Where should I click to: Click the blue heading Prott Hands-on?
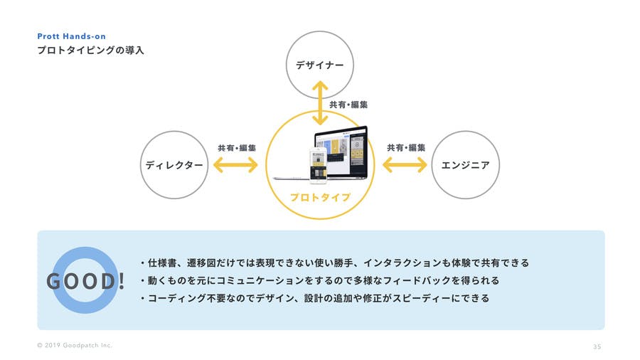(x=71, y=36)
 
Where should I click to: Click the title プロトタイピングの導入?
(x=90, y=51)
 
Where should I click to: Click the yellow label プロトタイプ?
(x=321, y=198)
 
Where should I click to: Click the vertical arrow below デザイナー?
(x=320, y=103)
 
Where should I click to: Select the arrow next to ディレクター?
(x=235, y=165)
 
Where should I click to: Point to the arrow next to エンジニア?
(x=405, y=165)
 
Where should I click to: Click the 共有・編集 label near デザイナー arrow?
(x=348, y=105)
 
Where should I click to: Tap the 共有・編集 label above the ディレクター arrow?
(x=237, y=148)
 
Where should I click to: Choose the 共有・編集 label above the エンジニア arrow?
(x=406, y=148)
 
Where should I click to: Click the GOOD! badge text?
(x=85, y=281)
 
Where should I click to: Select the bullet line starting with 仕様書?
(x=335, y=263)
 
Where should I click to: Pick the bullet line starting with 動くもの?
(x=319, y=280)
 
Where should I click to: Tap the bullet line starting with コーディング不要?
(x=315, y=298)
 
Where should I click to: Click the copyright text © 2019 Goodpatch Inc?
(x=75, y=345)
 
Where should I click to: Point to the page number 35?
(x=597, y=346)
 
